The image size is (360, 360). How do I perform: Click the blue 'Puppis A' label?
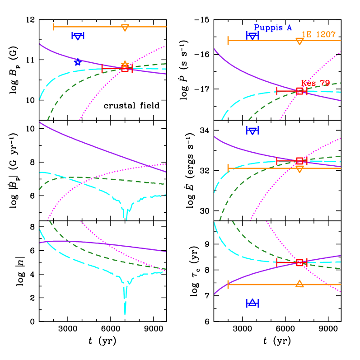(x=273, y=28)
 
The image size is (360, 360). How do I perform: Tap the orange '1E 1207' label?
(x=318, y=35)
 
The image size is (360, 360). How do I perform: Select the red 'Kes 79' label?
(x=315, y=83)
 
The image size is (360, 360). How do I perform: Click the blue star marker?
(x=78, y=62)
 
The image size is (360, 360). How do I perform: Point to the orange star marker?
(x=125, y=64)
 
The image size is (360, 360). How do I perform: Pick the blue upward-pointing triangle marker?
(x=252, y=303)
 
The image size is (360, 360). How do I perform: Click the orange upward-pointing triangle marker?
(x=299, y=284)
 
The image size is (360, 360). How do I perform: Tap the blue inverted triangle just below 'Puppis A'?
(x=252, y=36)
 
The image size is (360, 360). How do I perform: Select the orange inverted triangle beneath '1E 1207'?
(x=299, y=41)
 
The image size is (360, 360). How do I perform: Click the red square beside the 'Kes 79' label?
(x=299, y=91)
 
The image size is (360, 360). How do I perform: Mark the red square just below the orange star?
(x=125, y=69)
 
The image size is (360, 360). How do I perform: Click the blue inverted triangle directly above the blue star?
(x=78, y=36)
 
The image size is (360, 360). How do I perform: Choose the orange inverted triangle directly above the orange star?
(x=125, y=28)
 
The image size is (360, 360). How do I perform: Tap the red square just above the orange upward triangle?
(x=299, y=262)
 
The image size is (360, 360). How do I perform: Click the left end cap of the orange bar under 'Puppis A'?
(x=228, y=41)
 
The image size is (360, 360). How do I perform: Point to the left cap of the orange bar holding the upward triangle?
(x=228, y=284)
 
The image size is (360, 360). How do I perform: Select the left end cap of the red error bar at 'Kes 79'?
(x=277, y=91)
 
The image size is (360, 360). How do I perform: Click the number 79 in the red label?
(x=325, y=83)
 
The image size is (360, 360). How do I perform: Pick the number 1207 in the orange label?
(x=326, y=35)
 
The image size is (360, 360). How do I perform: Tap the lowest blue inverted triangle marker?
(x=252, y=131)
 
